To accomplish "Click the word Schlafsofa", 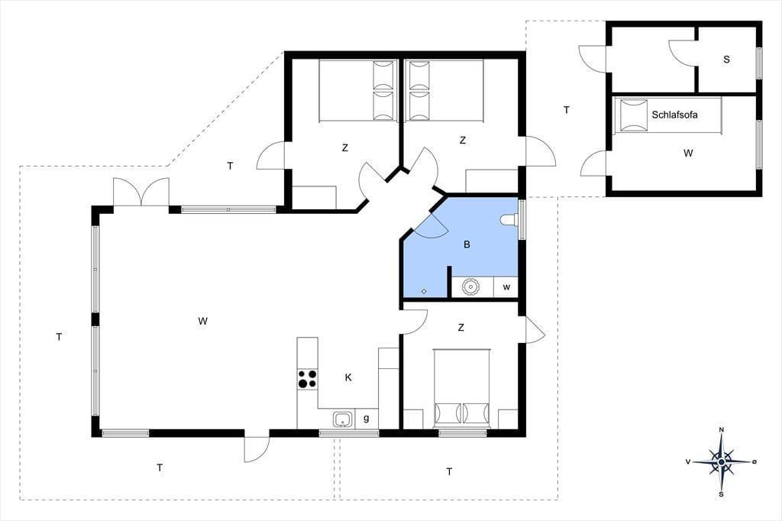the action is point(674,115).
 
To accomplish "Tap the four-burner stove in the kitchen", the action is point(307,379).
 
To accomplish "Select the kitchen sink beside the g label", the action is point(344,419).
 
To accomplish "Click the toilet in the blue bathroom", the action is point(508,219).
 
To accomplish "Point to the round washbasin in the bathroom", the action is point(470,286).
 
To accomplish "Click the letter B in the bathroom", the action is point(467,244).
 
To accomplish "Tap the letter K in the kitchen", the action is point(348,378).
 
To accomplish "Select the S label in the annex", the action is point(726,60).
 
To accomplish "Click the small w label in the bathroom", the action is point(507,287).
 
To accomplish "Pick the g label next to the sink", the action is point(367,418).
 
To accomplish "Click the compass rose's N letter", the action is point(721,429).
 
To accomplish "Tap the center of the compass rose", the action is point(721,461).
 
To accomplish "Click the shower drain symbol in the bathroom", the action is point(424,291).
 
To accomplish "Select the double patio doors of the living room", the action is point(141,192).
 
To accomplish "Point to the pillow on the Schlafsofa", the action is point(633,115).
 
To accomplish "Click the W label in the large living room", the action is point(202,321).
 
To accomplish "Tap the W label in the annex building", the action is point(688,154).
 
